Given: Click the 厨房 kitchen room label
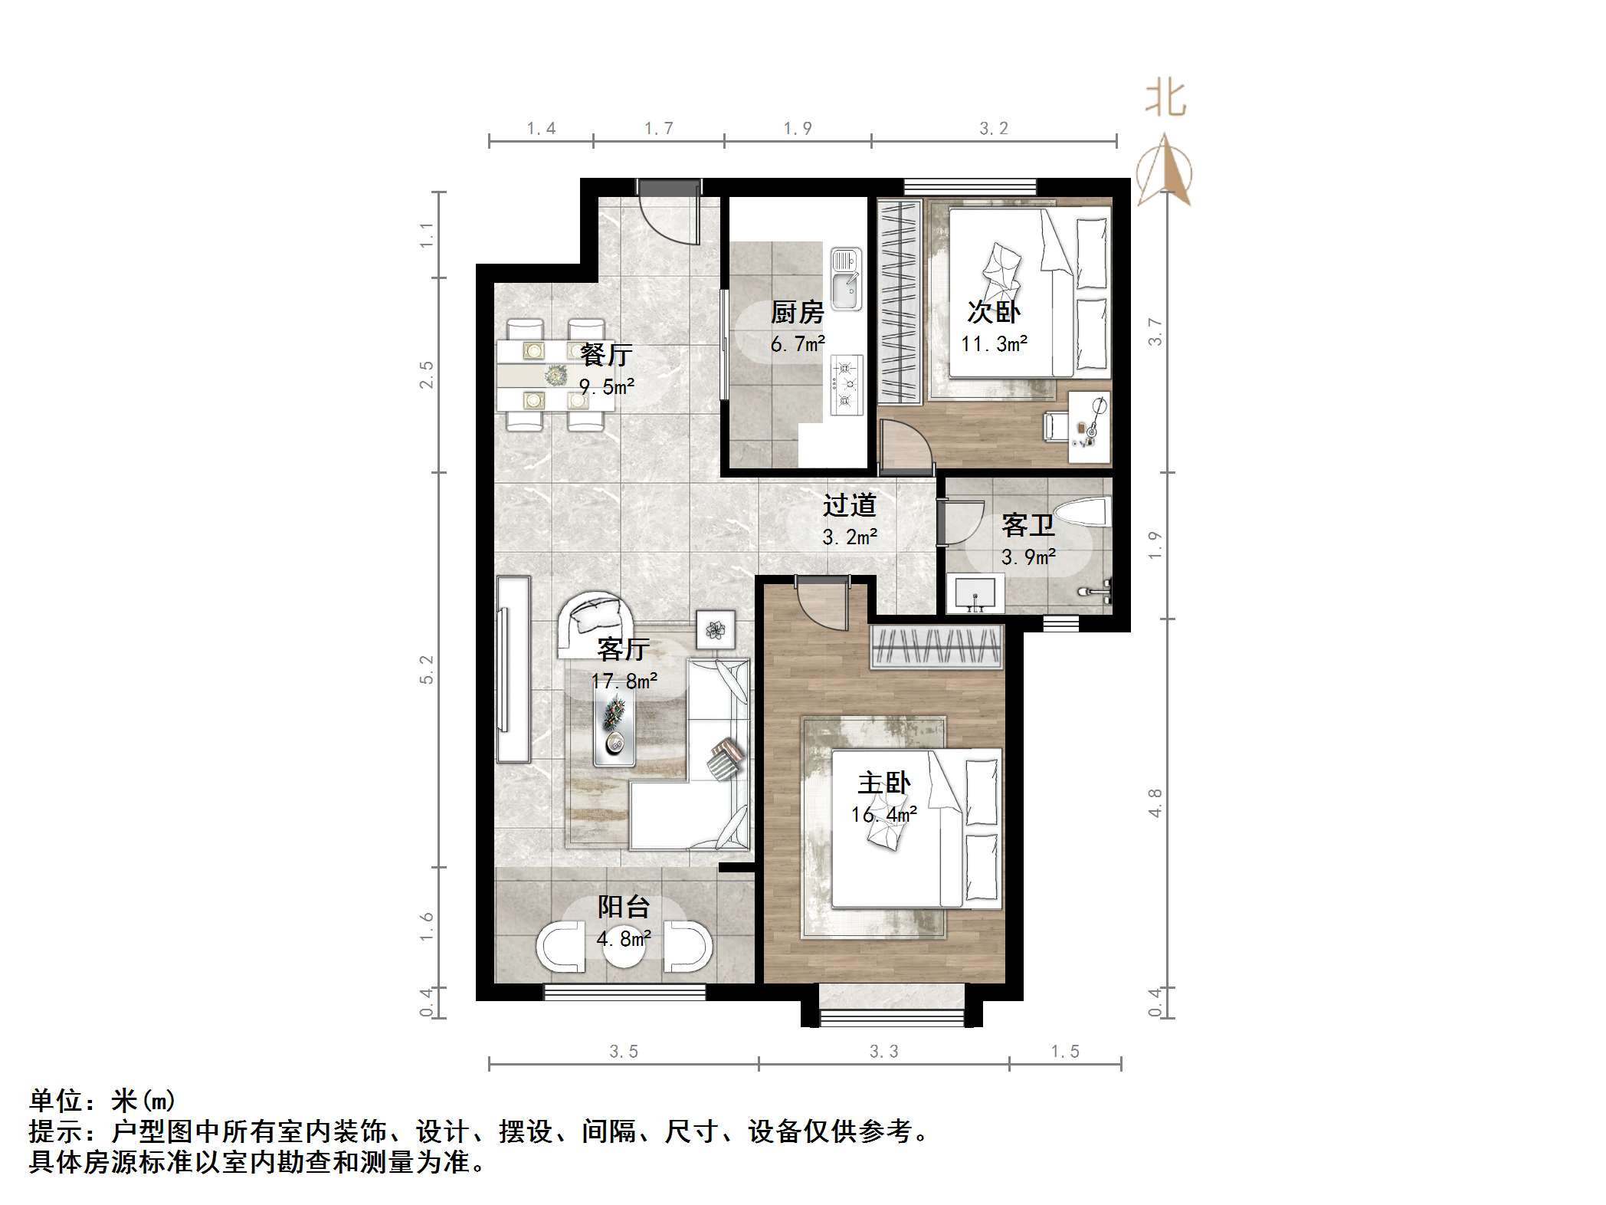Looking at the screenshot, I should (797, 313).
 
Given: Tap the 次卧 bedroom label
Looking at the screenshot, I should (994, 312).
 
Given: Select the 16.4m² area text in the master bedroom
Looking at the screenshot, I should (883, 815).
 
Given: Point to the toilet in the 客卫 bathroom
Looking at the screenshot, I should (1082, 512).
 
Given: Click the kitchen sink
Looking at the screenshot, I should (846, 279).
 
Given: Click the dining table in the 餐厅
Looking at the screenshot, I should (553, 376).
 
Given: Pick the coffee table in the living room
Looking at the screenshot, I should (615, 721).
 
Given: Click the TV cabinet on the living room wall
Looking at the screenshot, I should (512, 668).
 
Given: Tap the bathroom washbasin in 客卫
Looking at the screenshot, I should (975, 595).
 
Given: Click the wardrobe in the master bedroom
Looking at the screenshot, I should (936, 647).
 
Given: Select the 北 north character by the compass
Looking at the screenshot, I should (1165, 100).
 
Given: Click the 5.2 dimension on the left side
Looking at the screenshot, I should (427, 668).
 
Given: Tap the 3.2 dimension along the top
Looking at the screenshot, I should (994, 129).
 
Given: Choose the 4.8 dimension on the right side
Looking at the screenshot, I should (1155, 803).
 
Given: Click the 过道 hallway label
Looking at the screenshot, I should (849, 505).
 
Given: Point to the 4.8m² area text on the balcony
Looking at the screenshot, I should (624, 938).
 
